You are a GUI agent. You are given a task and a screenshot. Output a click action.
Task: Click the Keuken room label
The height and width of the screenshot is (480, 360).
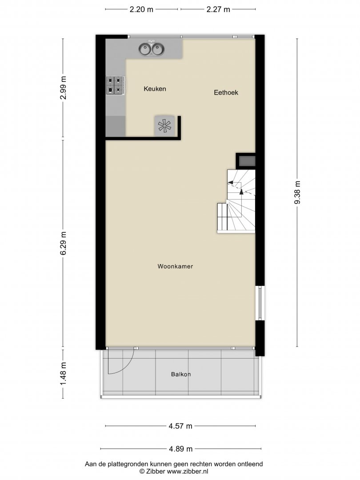click(155, 89)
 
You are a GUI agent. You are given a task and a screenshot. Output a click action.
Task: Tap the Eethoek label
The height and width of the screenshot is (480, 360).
click(226, 92)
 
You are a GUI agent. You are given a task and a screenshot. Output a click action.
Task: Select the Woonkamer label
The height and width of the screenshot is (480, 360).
click(175, 266)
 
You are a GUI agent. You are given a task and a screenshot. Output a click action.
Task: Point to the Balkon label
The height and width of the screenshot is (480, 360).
click(181, 374)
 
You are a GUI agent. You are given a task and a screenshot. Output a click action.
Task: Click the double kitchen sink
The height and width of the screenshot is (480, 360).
click(151, 49)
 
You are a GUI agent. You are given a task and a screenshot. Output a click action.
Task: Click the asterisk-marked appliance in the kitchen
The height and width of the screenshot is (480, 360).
click(165, 125)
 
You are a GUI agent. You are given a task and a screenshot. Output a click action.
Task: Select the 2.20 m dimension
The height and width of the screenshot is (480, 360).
click(141, 9)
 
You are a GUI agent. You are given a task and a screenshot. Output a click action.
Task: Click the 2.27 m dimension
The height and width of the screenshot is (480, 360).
click(218, 9)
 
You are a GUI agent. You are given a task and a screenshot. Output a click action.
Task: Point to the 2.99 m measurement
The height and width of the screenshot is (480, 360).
click(63, 88)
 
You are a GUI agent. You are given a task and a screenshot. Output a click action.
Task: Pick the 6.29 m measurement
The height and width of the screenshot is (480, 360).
click(63, 244)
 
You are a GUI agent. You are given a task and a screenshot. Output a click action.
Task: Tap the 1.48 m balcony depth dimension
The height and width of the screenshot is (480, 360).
click(63, 374)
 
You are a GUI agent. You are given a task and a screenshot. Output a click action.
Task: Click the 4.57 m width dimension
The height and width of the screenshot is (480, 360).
click(180, 426)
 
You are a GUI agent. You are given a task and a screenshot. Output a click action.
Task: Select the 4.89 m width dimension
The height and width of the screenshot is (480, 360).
click(180, 449)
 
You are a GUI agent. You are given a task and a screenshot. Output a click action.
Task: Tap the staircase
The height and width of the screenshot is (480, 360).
click(236, 201)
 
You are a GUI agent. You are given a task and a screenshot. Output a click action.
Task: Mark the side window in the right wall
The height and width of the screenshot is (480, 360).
click(260, 303)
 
